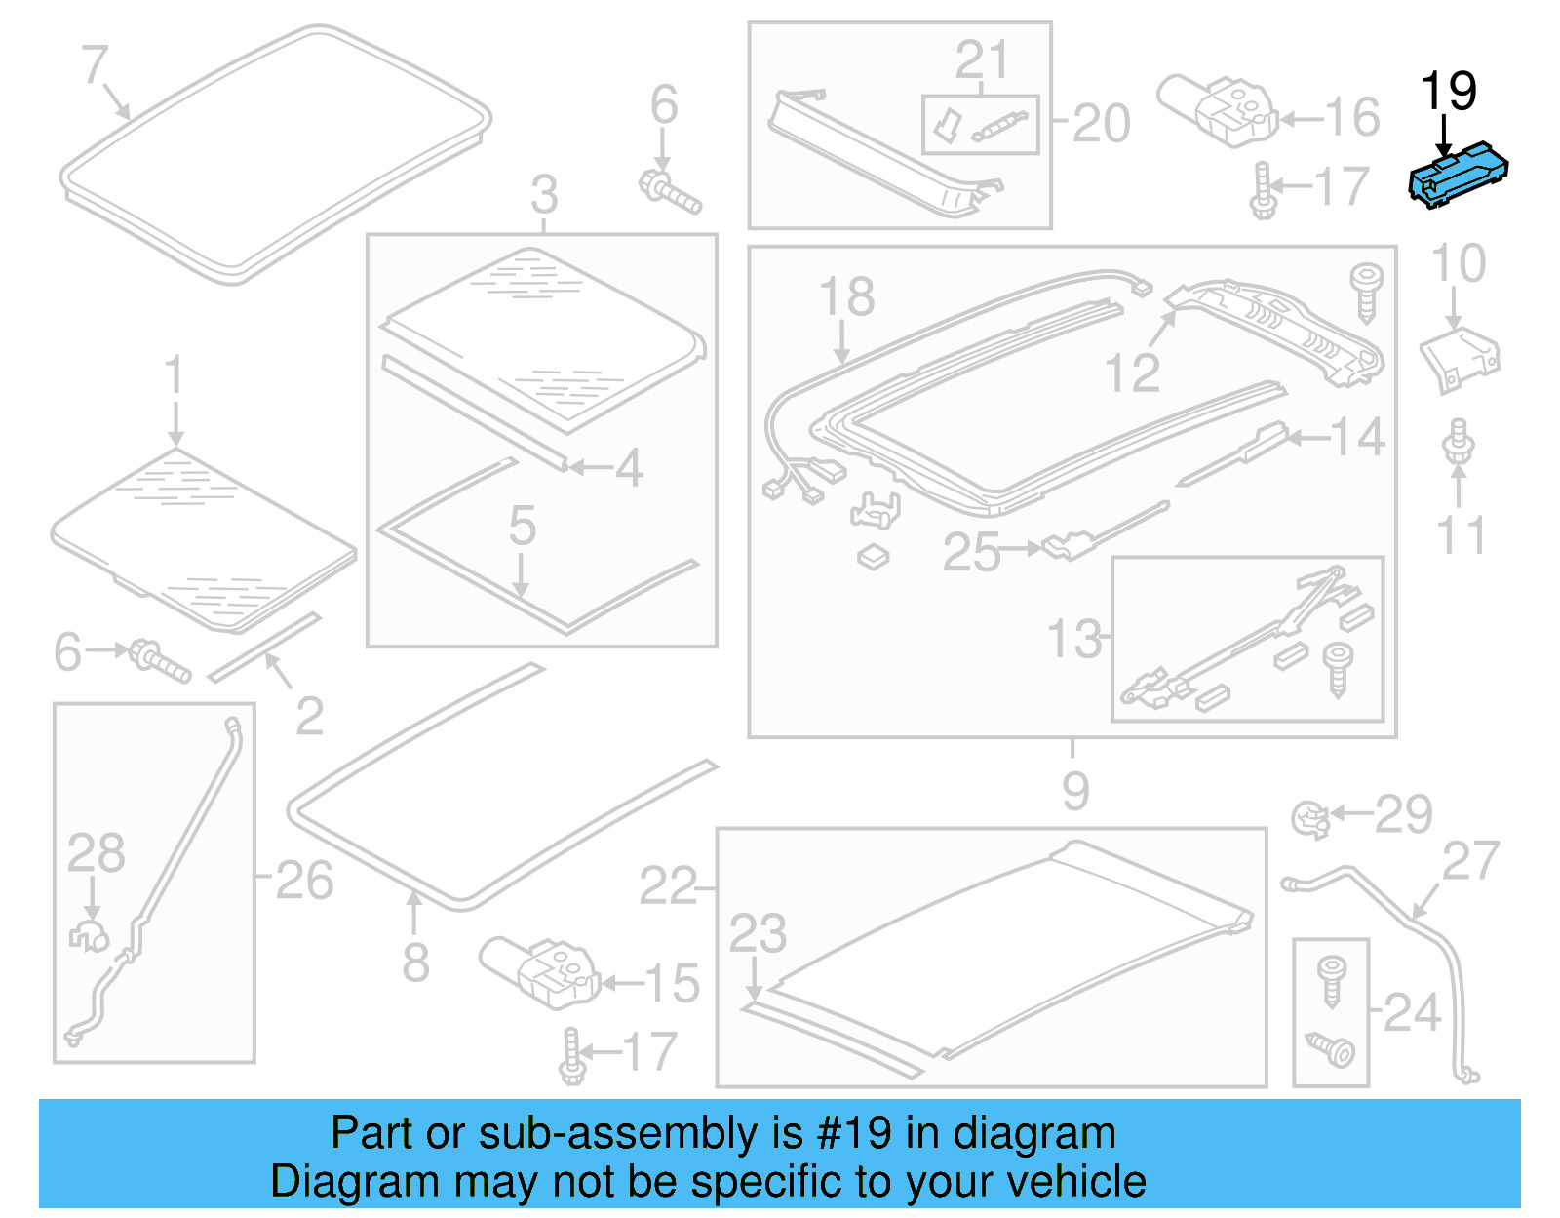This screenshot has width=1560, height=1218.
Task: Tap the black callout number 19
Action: [x=1448, y=93]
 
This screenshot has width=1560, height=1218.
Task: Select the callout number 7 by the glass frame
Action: [x=94, y=64]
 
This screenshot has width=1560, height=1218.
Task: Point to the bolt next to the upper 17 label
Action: [x=1264, y=192]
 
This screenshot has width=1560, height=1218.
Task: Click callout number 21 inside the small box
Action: [x=981, y=60]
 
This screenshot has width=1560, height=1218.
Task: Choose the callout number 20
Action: [x=1102, y=124]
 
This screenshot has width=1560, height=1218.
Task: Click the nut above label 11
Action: [x=1458, y=441]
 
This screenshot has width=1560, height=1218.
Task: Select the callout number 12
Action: [x=1132, y=373]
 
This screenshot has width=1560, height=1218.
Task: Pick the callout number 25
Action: [x=971, y=552]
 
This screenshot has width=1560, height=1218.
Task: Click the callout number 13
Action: [x=1073, y=640]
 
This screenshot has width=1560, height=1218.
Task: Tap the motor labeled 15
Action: [x=541, y=969]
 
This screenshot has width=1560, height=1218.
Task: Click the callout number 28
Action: [x=96, y=853]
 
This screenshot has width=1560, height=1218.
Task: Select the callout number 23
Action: [x=758, y=933]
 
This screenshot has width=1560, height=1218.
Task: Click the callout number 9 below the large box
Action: [x=1074, y=791]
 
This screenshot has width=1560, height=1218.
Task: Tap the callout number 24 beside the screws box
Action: [x=1412, y=1013]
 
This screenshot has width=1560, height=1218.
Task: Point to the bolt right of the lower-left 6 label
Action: [x=159, y=661]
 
